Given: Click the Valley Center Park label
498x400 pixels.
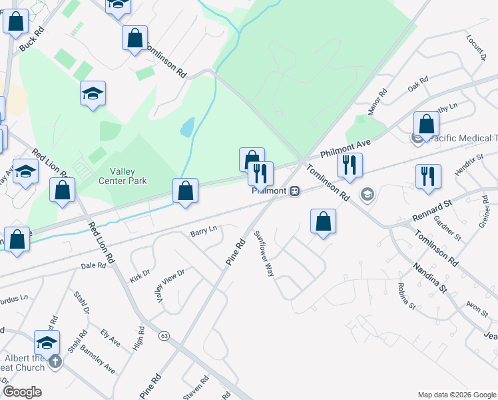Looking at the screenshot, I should click(123, 175).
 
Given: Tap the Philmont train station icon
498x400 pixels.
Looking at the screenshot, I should click(294, 191).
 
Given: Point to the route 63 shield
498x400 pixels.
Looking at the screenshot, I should click(163, 337).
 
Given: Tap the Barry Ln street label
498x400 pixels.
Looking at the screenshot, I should click(204, 231).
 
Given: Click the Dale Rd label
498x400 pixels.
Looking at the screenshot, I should click(93, 265).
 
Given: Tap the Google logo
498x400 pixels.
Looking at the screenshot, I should click(22, 391).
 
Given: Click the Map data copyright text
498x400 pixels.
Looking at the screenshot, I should click(457, 395).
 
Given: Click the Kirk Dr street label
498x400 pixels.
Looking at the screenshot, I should click(140, 273).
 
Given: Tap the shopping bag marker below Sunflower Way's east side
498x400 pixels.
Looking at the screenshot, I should click(323, 222).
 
